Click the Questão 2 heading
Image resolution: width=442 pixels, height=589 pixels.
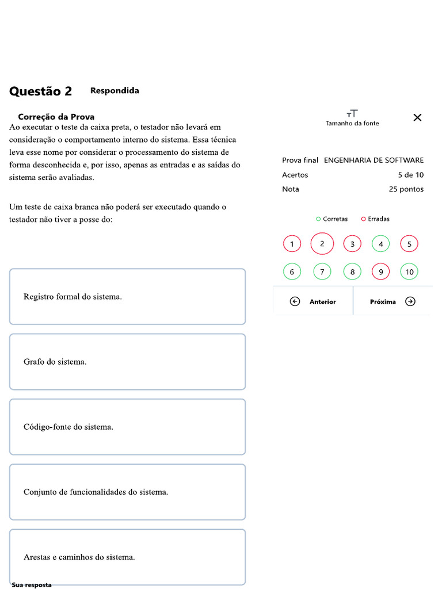(41, 91)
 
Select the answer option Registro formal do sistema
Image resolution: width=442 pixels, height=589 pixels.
(127, 297)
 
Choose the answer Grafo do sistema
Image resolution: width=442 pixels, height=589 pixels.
(127, 362)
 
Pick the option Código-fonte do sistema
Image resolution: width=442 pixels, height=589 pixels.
(127, 427)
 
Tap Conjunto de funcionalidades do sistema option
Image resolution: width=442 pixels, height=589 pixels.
(127, 492)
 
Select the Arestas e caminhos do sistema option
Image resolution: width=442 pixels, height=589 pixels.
(127, 557)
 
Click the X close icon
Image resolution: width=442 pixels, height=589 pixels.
(417, 117)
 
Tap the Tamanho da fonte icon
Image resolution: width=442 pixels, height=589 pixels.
(352, 114)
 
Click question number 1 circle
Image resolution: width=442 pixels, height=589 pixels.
(292, 244)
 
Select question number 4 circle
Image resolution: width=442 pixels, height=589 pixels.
(380, 244)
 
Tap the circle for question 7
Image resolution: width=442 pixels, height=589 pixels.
(322, 271)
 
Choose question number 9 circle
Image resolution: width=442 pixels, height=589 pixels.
(380, 271)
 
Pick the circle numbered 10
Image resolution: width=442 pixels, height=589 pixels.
(409, 271)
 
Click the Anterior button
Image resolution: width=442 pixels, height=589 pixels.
(313, 301)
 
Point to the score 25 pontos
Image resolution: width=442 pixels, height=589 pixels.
(406, 189)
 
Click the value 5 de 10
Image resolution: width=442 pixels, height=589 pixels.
(410, 175)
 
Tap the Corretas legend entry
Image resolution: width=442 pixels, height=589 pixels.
(332, 219)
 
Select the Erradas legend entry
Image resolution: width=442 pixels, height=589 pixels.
(375, 219)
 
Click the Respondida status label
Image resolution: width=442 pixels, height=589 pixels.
(115, 91)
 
